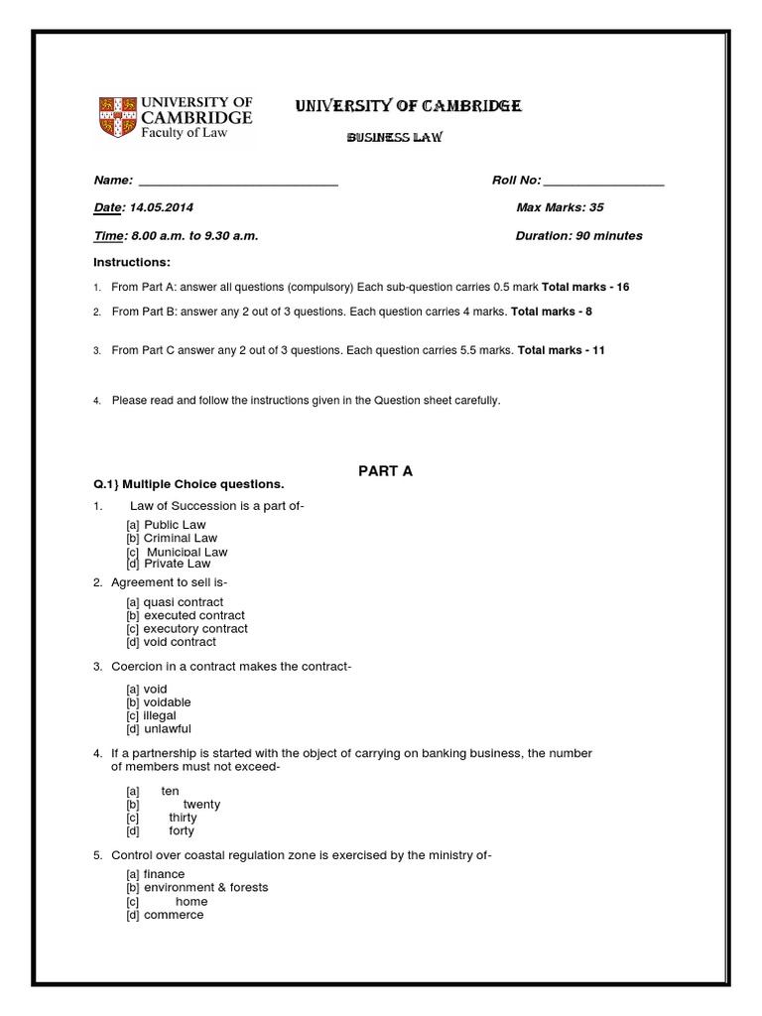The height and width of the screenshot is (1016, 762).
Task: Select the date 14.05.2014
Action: (161, 208)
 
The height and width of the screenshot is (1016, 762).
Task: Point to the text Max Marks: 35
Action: (560, 208)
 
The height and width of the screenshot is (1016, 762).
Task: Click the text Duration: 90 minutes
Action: (578, 236)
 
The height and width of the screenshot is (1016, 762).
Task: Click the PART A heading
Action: (385, 471)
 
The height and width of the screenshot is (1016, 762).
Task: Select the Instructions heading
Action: (132, 262)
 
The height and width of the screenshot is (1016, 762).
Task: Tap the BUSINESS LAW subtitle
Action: (394, 138)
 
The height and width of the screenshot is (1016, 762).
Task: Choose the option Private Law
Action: (177, 564)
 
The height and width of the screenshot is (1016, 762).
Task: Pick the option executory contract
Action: (195, 629)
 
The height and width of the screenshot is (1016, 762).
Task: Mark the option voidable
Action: (167, 702)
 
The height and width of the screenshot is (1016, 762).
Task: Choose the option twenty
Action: (201, 805)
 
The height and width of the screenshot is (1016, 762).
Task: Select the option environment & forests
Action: (205, 888)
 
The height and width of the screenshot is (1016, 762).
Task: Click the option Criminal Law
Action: (180, 538)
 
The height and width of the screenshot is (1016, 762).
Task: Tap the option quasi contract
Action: (184, 602)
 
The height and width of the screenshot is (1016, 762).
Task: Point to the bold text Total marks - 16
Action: (585, 287)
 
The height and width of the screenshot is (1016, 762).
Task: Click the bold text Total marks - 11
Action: (562, 350)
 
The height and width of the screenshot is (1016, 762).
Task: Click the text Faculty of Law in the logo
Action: (184, 133)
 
